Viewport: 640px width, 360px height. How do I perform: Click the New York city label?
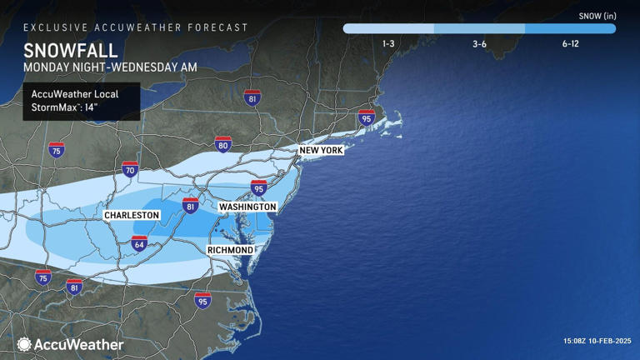pos(321,150)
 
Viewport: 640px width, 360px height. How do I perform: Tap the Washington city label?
pos(247,207)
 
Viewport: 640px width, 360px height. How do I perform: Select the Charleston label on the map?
pos(132,215)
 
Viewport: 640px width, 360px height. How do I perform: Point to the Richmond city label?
pos(230,250)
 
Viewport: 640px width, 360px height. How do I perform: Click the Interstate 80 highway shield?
pos(222,145)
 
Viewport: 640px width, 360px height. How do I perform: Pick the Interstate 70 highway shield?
pos(130,170)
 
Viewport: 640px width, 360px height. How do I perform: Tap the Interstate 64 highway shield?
pos(139,243)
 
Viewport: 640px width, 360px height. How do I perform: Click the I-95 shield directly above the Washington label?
pos(259,187)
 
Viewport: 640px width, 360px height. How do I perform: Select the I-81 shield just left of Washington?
pos(191,207)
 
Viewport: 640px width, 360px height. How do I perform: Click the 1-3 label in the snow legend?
pos(388,43)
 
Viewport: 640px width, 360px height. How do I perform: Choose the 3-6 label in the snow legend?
pos(479,43)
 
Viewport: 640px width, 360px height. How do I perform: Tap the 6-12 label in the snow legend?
pos(570,43)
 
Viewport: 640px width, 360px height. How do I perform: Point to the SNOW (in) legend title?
pos(597,15)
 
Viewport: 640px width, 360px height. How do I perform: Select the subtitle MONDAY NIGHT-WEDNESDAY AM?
pos(104,67)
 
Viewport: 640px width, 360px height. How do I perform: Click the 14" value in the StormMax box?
pos(97,107)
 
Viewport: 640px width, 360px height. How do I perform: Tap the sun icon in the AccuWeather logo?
pos(24,344)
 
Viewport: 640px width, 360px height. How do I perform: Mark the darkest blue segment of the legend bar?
pos(570,28)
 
